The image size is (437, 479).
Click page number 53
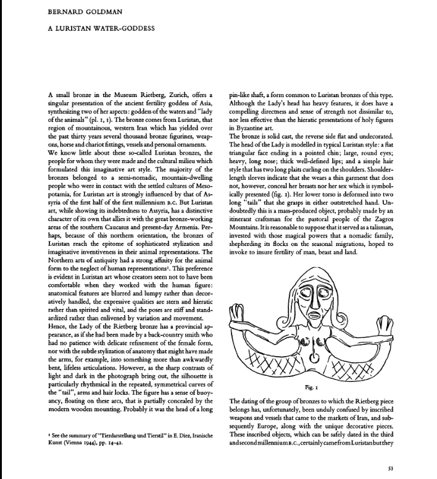[390, 467]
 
